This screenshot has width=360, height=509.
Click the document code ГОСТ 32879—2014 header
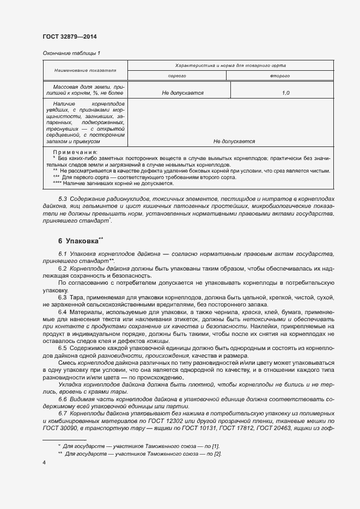coord(70,36)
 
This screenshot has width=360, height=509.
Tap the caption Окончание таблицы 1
coord(71,53)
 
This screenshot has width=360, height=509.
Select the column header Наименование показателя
coord(85,70)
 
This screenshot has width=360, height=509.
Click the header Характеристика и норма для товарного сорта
coord(231,65)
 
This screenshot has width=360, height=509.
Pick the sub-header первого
coord(179,76)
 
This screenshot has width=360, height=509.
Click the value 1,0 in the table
coord(285,94)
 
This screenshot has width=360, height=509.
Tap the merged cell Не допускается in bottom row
coord(234,141)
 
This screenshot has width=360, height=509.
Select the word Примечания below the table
coord(75,152)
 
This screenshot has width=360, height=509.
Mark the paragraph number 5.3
coord(63,200)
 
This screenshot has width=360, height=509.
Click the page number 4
coord(44,463)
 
